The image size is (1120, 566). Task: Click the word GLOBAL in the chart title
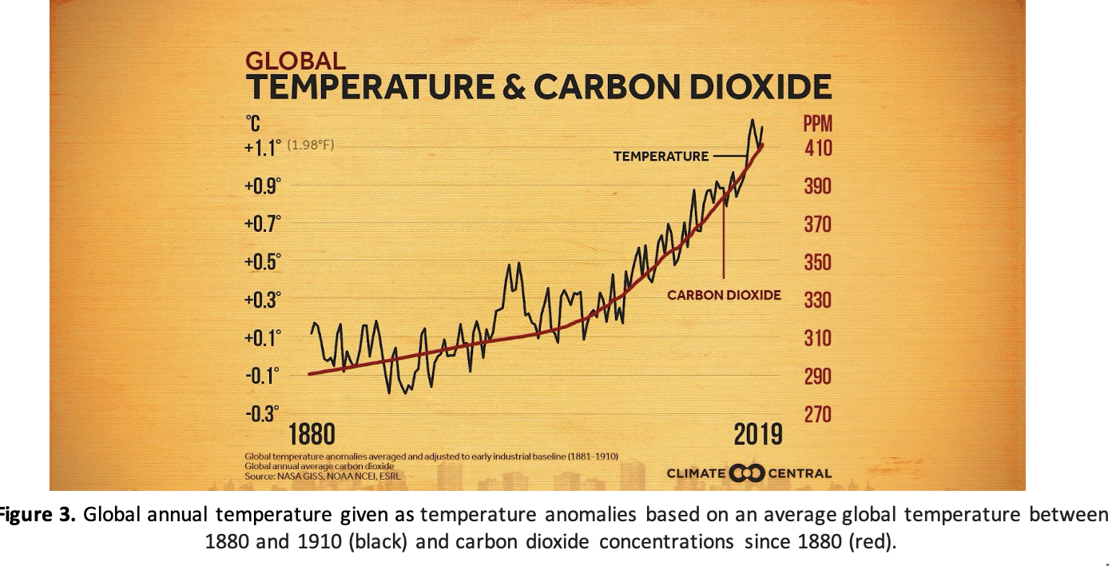point(296,61)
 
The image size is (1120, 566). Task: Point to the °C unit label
point(252,124)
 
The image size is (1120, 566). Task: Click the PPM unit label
point(817,124)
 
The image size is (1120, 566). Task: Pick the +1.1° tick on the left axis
point(263,148)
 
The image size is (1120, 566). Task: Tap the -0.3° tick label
point(262,414)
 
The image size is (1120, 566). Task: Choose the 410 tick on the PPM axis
point(817,148)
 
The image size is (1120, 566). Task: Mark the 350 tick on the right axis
point(817,262)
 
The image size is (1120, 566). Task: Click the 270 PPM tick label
point(817,414)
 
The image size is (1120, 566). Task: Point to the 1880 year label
point(312,436)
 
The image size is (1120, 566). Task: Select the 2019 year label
point(758,436)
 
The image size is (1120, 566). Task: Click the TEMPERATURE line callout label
point(661,157)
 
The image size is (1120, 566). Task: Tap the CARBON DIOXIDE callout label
point(724,295)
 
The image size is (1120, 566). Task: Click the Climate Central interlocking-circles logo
point(748,473)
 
